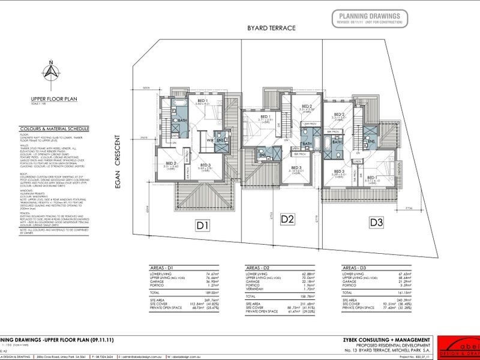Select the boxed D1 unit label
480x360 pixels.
coord(202,226)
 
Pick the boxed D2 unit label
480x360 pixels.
coord(287,218)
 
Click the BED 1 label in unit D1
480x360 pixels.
coord(203,101)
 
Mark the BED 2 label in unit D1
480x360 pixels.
coord(170,163)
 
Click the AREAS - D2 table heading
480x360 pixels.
coord(259,267)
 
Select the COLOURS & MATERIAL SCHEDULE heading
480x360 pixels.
coord(61,128)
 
